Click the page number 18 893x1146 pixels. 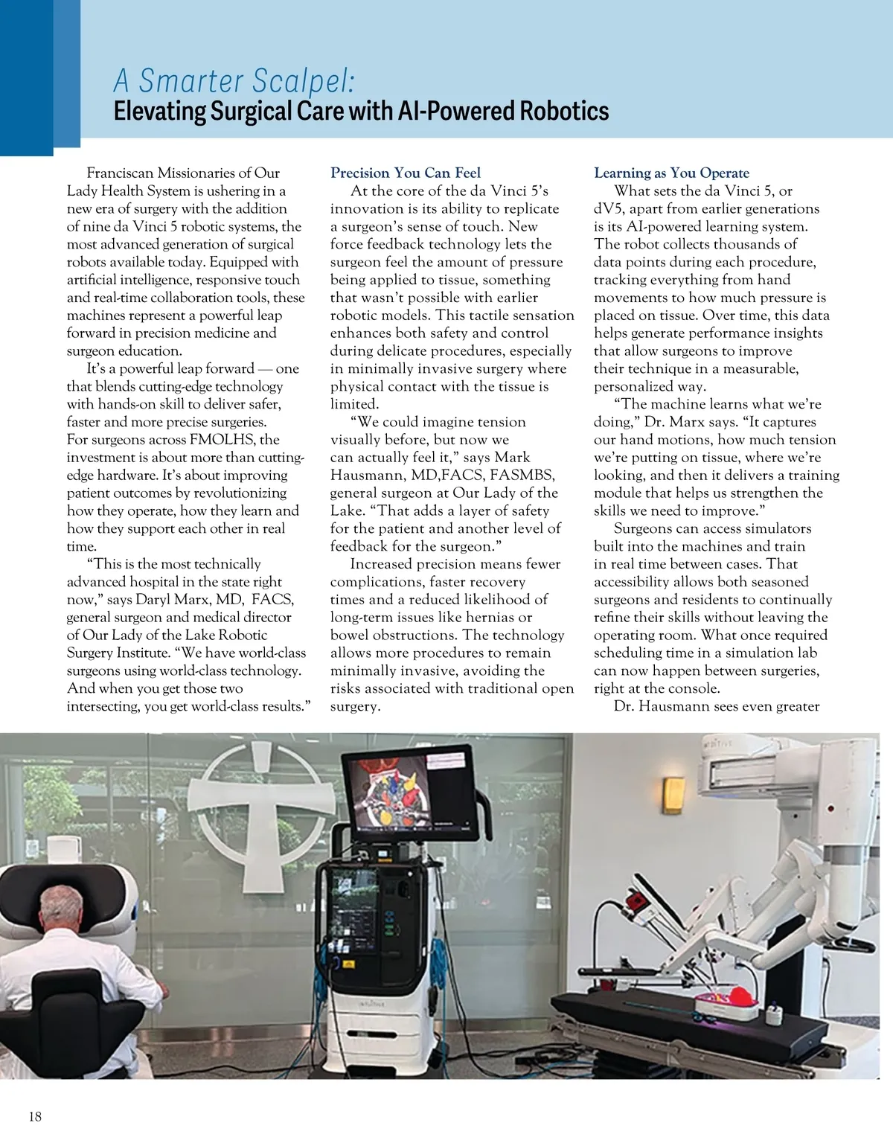click(35, 1116)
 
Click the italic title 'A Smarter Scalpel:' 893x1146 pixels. click(234, 80)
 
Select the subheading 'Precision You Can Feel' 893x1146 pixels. click(406, 173)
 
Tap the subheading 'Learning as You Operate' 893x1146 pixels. click(671, 173)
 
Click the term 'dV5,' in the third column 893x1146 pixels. click(609, 208)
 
